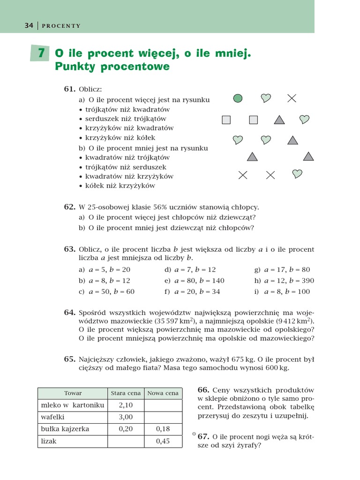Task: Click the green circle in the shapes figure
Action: click(238, 98)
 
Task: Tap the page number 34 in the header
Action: click(29, 26)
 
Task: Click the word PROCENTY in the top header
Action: click(61, 26)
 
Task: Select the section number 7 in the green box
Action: click(41, 53)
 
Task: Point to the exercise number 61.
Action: click(69, 89)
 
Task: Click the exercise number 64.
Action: click(69, 312)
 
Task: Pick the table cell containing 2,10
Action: click(126, 405)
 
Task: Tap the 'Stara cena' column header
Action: click(126, 393)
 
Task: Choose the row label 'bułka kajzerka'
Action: click(65, 429)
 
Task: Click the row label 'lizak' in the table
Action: click(49, 441)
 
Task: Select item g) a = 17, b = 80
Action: click(282, 270)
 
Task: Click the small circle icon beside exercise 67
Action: click(194, 434)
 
